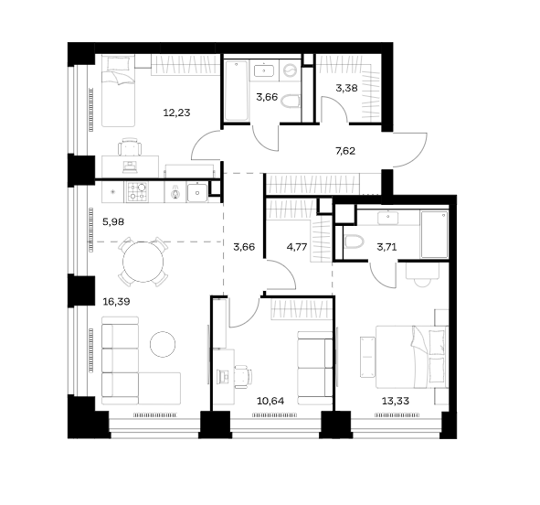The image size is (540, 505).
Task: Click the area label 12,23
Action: point(176,113)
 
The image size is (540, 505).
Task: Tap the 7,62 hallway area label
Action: point(345,151)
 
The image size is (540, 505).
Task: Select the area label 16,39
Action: point(116,302)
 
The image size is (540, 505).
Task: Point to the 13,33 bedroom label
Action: point(396,401)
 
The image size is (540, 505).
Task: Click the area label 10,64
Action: point(270,401)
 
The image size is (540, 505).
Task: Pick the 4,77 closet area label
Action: point(297,247)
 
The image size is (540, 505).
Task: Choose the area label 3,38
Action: point(347,88)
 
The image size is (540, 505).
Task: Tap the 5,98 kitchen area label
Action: point(113,221)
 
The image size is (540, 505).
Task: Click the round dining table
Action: point(143,262)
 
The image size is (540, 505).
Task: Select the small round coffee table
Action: point(163,344)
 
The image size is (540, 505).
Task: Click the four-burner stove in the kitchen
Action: point(137,191)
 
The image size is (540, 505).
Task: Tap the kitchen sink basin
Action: point(197,192)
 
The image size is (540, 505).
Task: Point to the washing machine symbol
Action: point(290,71)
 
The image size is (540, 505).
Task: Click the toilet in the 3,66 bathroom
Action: point(291,102)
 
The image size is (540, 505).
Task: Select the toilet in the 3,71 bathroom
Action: point(354,242)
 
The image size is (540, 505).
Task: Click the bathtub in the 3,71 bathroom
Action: point(434,234)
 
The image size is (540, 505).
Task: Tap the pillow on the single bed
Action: point(118,63)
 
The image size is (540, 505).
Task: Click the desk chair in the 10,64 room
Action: point(243,377)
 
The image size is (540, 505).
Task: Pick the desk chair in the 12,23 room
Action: point(130,147)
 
